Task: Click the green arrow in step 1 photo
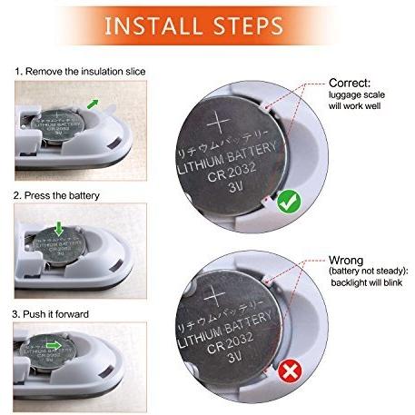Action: pyautogui.click(x=94, y=105)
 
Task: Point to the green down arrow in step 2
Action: pyautogui.click(x=57, y=227)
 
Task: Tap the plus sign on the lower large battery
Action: pyautogui.click(x=218, y=291)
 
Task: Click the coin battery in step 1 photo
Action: pyautogui.click(x=56, y=128)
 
